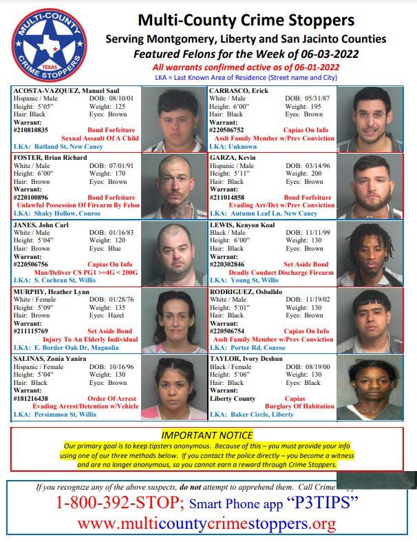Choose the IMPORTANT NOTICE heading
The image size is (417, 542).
coord(208,435)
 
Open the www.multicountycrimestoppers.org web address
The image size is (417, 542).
coord(206,525)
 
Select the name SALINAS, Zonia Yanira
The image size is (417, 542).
coord(48,359)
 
